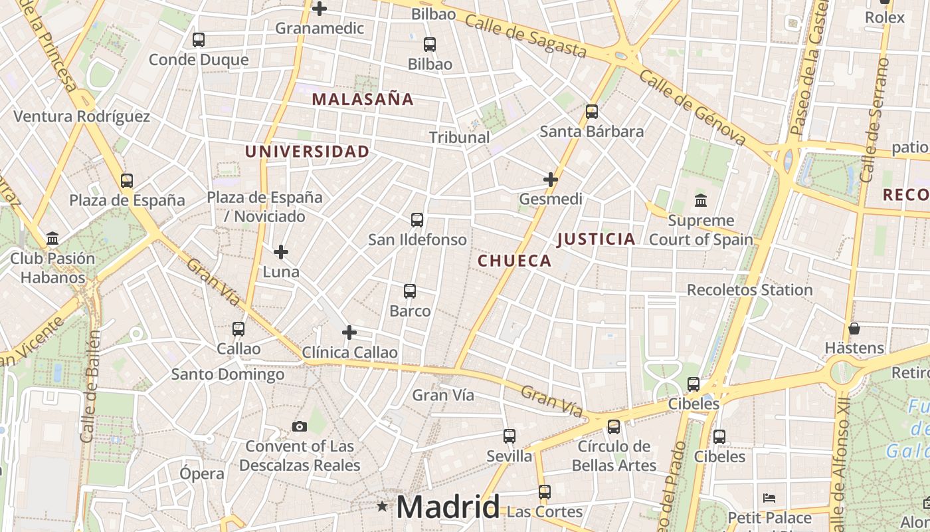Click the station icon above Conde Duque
click(x=199, y=40)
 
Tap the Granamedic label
click(x=319, y=28)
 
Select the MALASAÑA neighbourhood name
click(x=363, y=100)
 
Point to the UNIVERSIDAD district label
click(x=307, y=152)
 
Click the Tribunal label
click(x=459, y=138)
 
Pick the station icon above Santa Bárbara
click(x=592, y=112)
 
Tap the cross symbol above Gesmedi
click(x=551, y=180)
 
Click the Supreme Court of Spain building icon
click(x=700, y=200)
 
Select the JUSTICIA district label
click(x=596, y=239)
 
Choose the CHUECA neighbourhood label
click(x=514, y=261)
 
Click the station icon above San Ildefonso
click(x=417, y=220)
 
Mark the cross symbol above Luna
click(x=281, y=252)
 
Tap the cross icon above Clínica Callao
click(x=349, y=332)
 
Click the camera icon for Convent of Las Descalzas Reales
click(x=300, y=426)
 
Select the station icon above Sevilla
click(x=510, y=436)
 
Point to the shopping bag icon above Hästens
click(x=854, y=329)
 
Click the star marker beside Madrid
click(x=382, y=507)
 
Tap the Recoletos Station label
click(x=749, y=290)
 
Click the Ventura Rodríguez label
click(x=82, y=116)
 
